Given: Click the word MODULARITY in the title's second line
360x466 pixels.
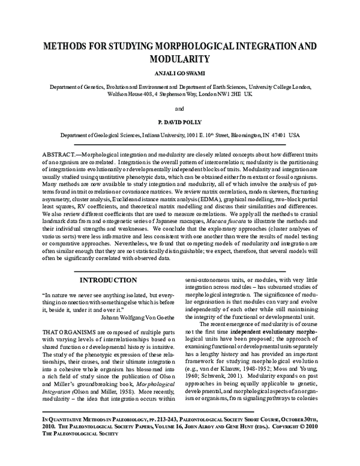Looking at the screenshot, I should point(179,59).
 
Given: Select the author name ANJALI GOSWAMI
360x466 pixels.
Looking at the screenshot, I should point(179,75).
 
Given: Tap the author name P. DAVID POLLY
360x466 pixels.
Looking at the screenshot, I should point(179,123).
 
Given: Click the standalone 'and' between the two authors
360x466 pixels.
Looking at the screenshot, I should point(179,109).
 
